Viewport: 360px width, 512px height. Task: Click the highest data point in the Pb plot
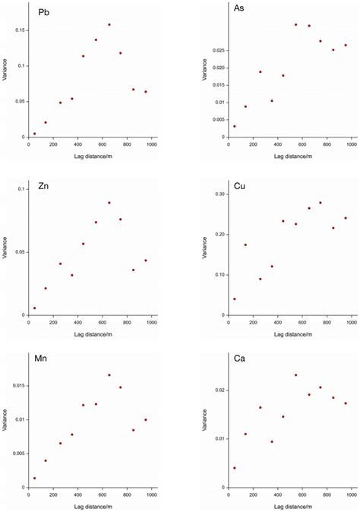tap(109, 24)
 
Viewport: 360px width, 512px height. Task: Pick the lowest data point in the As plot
tap(234, 126)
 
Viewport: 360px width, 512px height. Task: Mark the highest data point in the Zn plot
tap(109, 203)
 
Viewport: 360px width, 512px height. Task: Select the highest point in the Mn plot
tap(109, 375)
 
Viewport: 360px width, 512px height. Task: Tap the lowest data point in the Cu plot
tap(234, 299)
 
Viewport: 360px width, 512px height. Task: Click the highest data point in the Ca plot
tap(295, 375)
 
